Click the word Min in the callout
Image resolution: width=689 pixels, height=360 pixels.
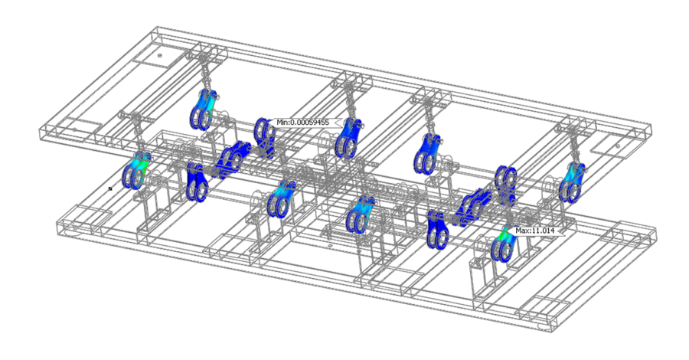click(x=282, y=123)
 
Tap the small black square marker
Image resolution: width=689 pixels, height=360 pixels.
click(x=110, y=188)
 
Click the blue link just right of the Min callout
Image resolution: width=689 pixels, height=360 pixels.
click(x=348, y=137)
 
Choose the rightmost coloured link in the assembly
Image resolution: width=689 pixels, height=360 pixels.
click(x=572, y=182)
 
